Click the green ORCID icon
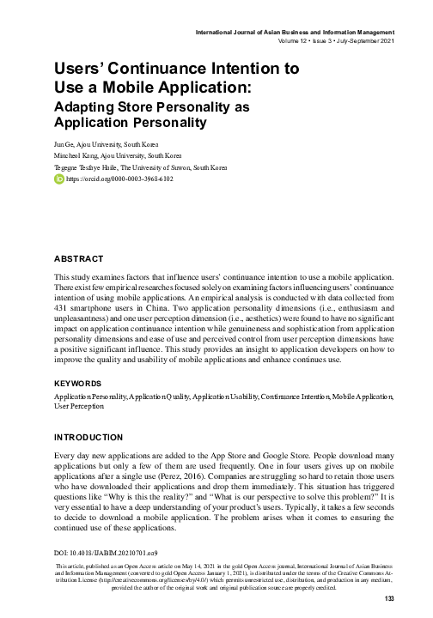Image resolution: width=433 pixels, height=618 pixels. (58, 179)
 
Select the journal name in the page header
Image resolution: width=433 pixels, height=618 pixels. (298, 33)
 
